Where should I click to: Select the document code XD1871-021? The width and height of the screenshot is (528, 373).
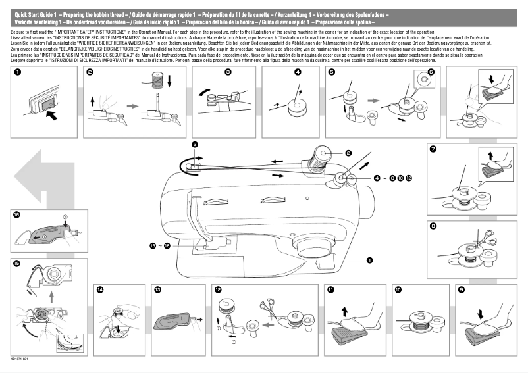[20, 361]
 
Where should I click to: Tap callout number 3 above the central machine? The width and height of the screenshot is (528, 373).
[194, 144]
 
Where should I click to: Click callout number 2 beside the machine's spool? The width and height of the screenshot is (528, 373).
[347, 153]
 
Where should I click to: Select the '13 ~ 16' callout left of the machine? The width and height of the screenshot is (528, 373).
[159, 245]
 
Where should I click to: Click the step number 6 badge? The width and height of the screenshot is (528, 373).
[431, 72]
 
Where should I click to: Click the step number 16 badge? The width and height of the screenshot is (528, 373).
[16, 214]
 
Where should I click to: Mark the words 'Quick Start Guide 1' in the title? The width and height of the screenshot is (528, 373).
[34, 14]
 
